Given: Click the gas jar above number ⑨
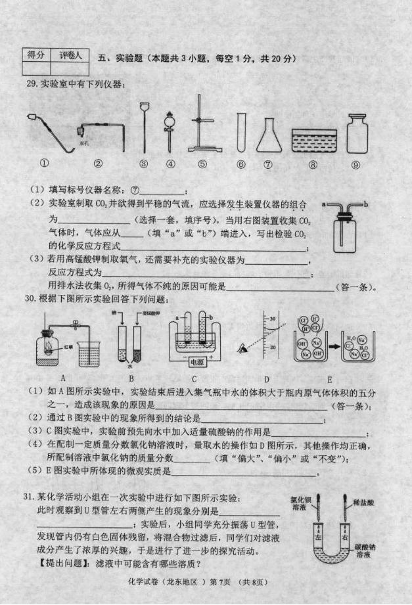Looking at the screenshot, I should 357,134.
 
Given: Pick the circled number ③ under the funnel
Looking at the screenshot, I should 143,165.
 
